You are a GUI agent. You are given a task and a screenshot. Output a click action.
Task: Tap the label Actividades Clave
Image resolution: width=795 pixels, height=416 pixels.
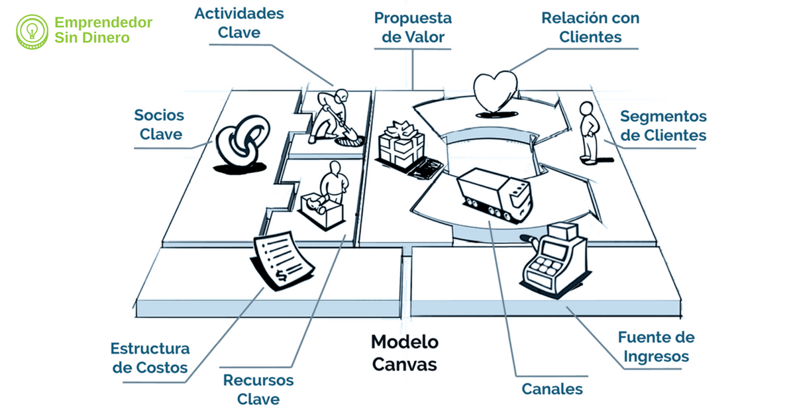[x=239, y=23]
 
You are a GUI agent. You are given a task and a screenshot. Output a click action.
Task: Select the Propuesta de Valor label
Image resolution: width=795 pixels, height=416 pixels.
[x=413, y=26]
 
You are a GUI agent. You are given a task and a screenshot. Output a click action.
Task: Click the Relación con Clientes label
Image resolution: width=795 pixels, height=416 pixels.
[x=590, y=27]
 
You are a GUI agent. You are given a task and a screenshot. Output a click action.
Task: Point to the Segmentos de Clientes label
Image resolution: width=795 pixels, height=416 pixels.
[x=663, y=126]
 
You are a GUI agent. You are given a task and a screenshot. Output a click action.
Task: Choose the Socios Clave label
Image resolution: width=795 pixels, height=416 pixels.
[x=159, y=125]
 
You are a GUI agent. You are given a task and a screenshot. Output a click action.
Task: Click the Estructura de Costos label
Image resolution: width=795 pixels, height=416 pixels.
[x=150, y=358]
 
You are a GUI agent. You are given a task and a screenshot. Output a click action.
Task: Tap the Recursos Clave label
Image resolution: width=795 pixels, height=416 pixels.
[x=258, y=390]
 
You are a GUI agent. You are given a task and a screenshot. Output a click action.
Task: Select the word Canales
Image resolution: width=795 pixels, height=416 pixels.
[x=553, y=389]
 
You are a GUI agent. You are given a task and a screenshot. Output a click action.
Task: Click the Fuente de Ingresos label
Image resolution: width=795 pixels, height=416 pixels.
[x=656, y=346]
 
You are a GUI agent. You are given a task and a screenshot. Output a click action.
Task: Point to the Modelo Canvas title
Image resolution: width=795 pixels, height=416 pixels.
[x=404, y=352]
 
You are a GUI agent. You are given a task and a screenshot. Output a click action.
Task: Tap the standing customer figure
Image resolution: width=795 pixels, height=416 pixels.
[x=588, y=132]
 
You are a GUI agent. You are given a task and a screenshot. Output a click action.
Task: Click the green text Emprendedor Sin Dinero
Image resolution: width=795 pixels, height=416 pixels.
[x=103, y=30]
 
